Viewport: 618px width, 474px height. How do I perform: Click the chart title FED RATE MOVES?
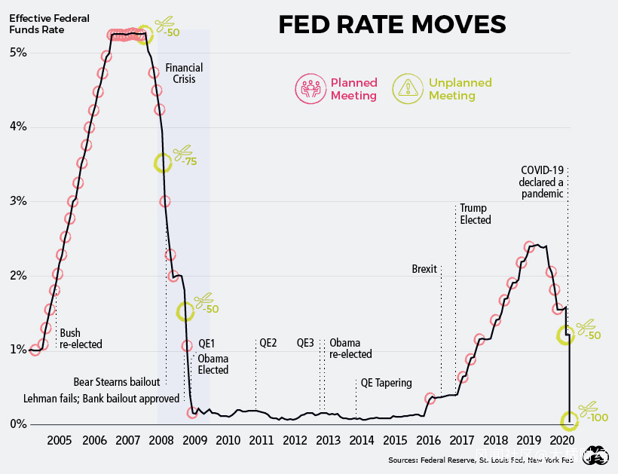click(x=392, y=25)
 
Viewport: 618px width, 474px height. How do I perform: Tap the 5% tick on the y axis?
click(x=18, y=53)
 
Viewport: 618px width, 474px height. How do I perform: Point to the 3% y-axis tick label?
click(x=18, y=201)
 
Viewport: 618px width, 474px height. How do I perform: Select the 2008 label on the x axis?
click(x=160, y=440)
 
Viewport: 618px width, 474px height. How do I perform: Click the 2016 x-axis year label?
click(x=428, y=440)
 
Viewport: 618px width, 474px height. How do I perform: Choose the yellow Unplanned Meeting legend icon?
click(x=408, y=89)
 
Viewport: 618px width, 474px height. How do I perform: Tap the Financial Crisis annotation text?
click(x=184, y=73)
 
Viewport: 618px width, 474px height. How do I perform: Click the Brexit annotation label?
click(x=424, y=269)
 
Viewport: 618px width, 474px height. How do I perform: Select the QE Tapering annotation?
click(x=387, y=383)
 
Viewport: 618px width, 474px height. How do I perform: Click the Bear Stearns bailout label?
click(x=117, y=381)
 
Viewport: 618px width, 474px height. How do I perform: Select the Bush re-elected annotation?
click(x=81, y=338)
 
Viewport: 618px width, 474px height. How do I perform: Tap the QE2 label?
click(x=268, y=343)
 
